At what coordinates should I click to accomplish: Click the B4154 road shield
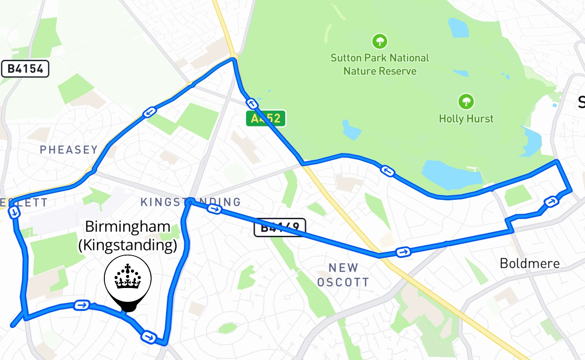point(25,69)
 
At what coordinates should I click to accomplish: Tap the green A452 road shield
point(265,118)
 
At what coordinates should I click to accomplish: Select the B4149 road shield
point(280,227)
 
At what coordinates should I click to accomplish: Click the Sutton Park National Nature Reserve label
point(380,64)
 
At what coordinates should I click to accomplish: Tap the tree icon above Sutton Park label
point(380,42)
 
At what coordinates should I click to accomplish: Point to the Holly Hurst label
point(466,119)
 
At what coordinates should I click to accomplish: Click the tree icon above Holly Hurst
point(466,101)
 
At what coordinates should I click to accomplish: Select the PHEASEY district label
point(69,150)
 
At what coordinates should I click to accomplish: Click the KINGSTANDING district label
point(190,202)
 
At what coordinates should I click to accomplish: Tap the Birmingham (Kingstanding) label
point(128,236)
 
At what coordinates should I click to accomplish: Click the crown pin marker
point(128,281)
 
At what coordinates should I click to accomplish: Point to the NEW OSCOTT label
point(343,275)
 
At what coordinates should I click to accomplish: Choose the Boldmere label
point(530,263)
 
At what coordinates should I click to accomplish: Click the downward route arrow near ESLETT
point(15,212)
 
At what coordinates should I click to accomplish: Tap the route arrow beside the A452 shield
point(253,104)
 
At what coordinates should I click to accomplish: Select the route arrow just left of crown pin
point(81,305)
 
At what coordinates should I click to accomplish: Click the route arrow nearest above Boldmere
point(551,202)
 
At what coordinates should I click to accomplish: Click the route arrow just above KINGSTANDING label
point(150,112)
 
